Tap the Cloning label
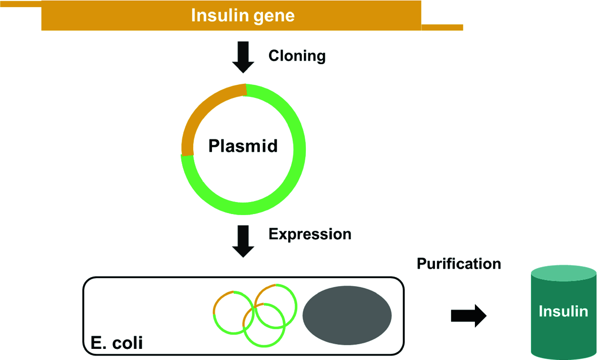tap(297, 56)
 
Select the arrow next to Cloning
tap(243, 57)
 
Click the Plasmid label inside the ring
tap(243, 146)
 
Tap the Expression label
tap(310, 234)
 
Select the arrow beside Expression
tap(243, 241)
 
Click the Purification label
tap(459, 264)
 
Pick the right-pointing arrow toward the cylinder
tap(469, 316)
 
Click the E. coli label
tap(117, 343)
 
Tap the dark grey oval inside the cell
tap(347, 316)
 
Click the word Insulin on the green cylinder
tap(563, 311)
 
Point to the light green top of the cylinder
tap(564, 273)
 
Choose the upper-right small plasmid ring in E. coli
tap(295, 305)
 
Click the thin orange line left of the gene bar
tap(21, 4)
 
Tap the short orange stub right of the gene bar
tap(443, 27)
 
